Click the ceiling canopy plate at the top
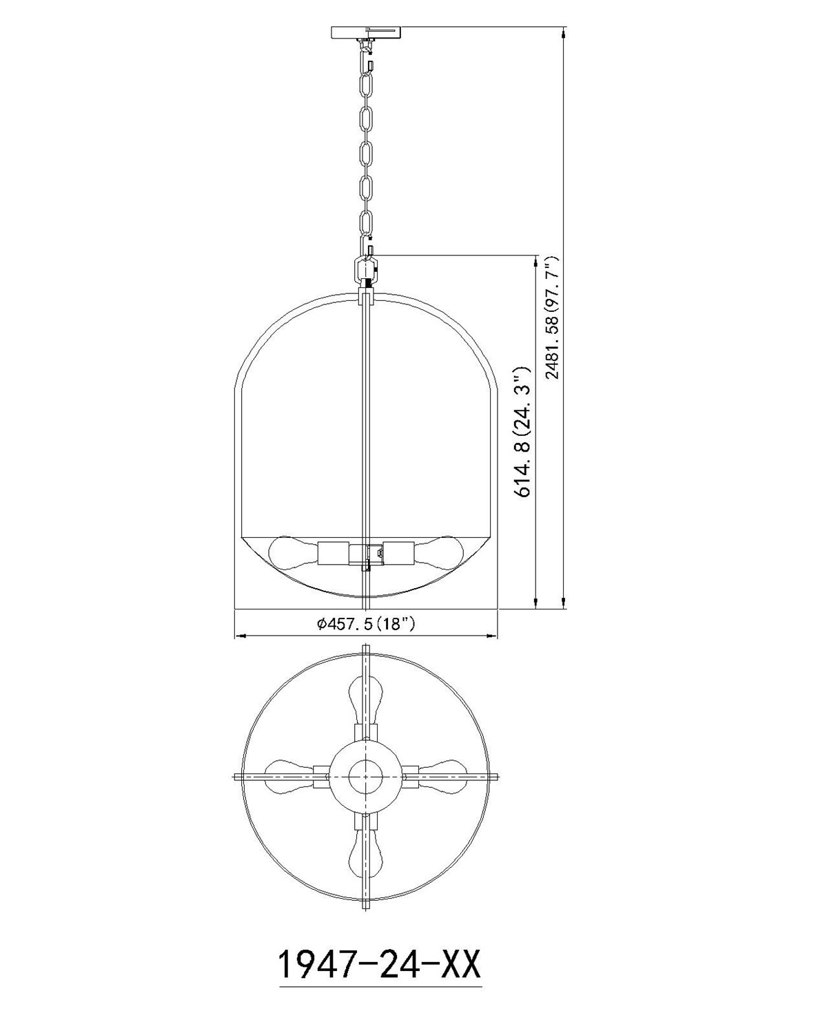tap(365, 33)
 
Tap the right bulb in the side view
tap(438, 553)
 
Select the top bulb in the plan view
tap(365, 705)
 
